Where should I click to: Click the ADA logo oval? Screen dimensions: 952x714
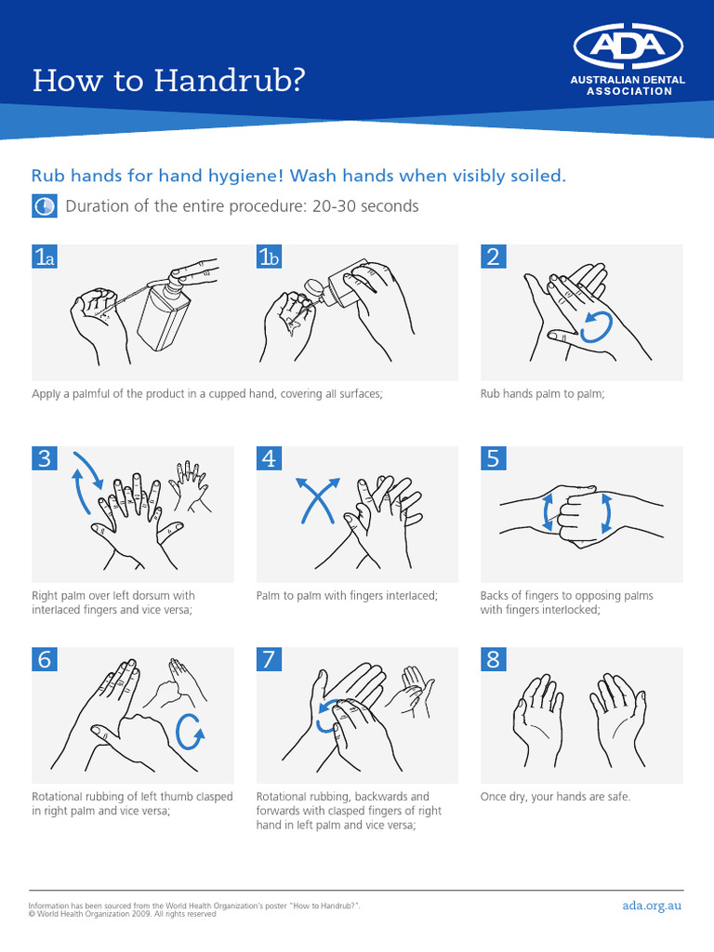pyautogui.click(x=628, y=46)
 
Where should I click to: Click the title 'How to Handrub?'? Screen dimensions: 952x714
pyautogui.click(x=168, y=81)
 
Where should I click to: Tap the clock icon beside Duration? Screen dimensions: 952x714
pyautogui.click(x=44, y=206)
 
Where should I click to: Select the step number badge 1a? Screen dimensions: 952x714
pyautogui.click(x=45, y=258)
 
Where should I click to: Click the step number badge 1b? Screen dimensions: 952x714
pyautogui.click(x=269, y=258)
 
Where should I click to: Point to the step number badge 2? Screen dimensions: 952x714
pyautogui.click(x=493, y=258)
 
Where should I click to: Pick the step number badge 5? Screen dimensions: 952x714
pyautogui.click(x=493, y=458)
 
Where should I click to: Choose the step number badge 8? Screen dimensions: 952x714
pyautogui.click(x=493, y=660)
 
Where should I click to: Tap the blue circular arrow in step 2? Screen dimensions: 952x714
pyautogui.click(x=596, y=327)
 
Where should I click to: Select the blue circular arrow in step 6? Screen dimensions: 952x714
pyautogui.click(x=191, y=730)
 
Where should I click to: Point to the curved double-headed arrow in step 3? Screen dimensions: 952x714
pyautogui.click(x=88, y=482)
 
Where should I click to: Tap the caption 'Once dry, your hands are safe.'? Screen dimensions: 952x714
pyautogui.click(x=555, y=797)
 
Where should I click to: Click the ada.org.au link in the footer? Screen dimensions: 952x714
pyautogui.click(x=652, y=906)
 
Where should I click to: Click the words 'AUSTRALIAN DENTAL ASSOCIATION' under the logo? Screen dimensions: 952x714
pyautogui.click(x=628, y=86)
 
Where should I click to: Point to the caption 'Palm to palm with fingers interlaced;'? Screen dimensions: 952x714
pyautogui.click(x=347, y=595)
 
